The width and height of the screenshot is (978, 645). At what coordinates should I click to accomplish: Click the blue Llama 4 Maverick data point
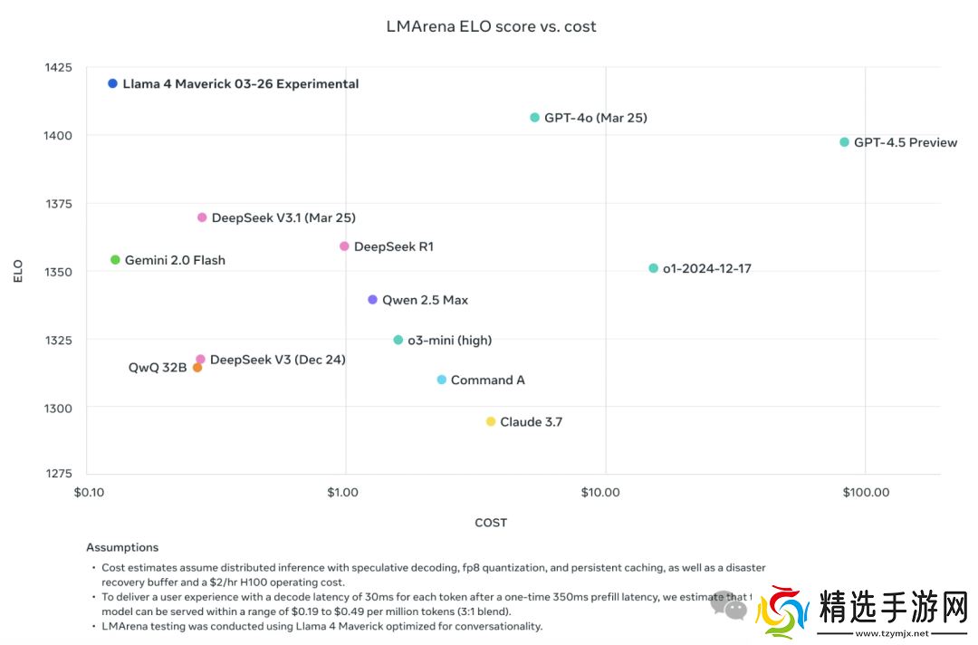pyautogui.click(x=113, y=83)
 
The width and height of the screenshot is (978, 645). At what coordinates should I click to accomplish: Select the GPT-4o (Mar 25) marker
pyautogui.click(x=534, y=118)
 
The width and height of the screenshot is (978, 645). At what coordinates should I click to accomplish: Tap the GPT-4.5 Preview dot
pyautogui.click(x=845, y=142)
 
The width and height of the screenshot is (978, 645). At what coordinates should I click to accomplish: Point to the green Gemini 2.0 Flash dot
pyautogui.click(x=115, y=260)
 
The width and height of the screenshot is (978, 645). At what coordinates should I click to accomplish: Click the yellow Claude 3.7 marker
pyautogui.click(x=491, y=422)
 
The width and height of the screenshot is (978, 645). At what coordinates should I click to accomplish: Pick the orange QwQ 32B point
pyautogui.click(x=197, y=368)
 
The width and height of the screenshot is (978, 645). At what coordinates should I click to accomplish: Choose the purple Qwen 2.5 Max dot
pyautogui.click(x=372, y=300)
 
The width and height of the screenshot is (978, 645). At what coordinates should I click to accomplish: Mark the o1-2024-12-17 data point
pyautogui.click(x=653, y=268)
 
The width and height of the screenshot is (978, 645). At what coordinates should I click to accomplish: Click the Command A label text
pyautogui.click(x=487, y=380)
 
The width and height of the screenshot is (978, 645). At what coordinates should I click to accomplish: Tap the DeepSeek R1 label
pyautogui.click(x=393, y=246)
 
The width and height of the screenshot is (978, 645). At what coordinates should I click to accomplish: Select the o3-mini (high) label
pyautogui.click(x=449, y=341)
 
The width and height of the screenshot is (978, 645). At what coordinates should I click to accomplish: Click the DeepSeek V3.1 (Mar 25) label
pyautogui.click(x=283, y=218)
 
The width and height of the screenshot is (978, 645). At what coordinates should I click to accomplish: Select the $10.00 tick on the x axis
pyautogui.click(x=600, y=493)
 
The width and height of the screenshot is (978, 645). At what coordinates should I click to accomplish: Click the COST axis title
pyautogui.click(x=491, y=523)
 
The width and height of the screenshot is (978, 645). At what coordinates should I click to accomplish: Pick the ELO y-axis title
pyautogui.click(x=18, y=271)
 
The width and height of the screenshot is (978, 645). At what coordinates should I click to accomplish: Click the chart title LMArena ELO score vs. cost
pyautogui.click(x=491, y=26)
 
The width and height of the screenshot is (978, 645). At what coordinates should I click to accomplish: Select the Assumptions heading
pyautogui.click(x=122, y=547)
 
